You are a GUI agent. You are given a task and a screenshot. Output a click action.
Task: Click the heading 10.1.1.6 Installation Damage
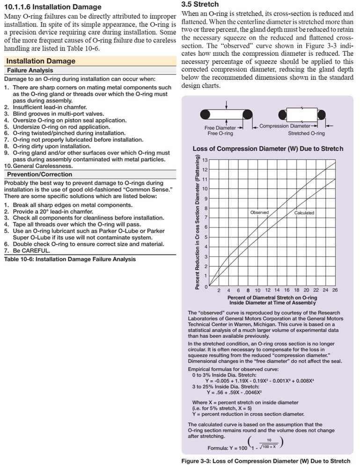click(52, 7)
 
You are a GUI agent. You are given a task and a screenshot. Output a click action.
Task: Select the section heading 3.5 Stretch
click(200, 4)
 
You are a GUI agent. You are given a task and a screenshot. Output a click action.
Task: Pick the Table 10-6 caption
click(70, 259)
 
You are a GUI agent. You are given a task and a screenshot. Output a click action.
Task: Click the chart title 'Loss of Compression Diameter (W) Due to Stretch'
click(268, 149)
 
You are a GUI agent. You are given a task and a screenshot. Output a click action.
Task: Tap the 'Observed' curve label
click(259, 212)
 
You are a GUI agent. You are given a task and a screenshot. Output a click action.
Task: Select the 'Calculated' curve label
click(304, 213)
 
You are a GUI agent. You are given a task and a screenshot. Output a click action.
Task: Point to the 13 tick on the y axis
click(204, 160)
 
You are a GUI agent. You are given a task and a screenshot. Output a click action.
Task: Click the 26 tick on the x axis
click(335, 290)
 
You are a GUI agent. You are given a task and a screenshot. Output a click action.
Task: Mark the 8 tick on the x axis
click(248, 290)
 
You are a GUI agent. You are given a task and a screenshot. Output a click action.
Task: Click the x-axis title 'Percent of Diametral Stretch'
click(272, 298)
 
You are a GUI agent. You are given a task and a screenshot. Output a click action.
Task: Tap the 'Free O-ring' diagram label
click(220, 133)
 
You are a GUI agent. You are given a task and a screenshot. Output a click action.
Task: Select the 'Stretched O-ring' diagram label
click(306, 133)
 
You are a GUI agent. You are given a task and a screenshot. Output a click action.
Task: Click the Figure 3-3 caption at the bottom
click(265, 461)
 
